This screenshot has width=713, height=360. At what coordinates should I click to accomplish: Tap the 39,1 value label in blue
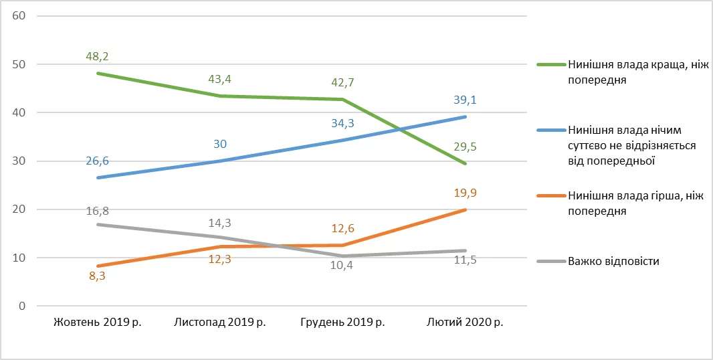465,100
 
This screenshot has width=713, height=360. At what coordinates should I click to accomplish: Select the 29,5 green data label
465,147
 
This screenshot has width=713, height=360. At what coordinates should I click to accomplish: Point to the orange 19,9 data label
465,194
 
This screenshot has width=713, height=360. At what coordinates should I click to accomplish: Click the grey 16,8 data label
98,211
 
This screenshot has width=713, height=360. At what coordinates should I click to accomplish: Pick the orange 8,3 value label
98,274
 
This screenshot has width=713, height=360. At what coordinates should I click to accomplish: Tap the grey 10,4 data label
342,266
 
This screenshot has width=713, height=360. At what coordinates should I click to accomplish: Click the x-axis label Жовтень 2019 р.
98,323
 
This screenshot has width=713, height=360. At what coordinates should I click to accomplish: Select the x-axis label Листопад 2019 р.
220,323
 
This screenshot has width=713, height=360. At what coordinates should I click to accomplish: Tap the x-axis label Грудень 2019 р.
342,323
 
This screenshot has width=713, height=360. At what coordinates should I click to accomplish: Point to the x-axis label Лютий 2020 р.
465,323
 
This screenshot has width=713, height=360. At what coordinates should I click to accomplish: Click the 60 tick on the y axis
19,15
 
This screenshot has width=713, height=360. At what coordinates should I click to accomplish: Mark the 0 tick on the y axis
21,306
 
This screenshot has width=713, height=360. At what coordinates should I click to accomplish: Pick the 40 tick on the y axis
19,112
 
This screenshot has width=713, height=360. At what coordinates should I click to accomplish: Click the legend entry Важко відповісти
613,261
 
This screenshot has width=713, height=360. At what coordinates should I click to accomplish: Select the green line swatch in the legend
551,66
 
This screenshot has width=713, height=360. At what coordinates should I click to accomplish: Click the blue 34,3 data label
342,124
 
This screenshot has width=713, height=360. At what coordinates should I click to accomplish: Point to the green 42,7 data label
342,83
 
